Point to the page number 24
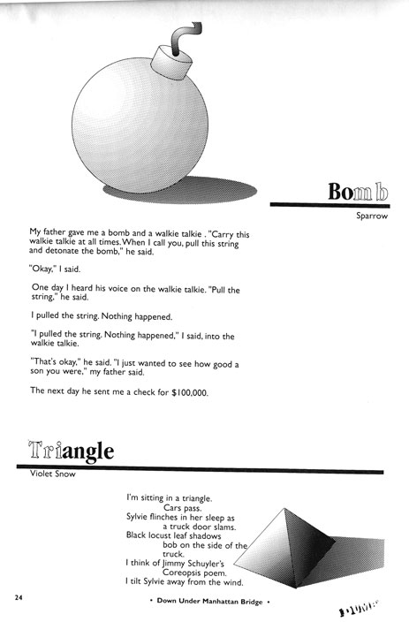18,598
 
